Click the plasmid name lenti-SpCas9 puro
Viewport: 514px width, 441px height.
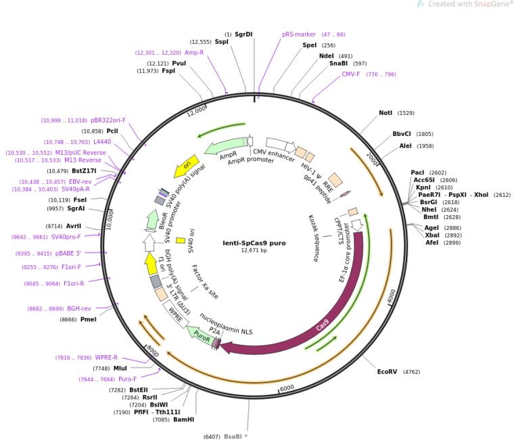coord(254,243)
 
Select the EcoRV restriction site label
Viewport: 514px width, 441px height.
coord(387,372)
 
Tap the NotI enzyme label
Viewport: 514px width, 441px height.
coord(385,113)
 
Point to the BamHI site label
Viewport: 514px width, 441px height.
coord(183,419)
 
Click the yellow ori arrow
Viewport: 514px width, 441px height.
coord(186,166)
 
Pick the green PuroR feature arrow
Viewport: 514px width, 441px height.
coord(201,336)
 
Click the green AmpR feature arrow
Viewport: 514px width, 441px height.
coord(225,145)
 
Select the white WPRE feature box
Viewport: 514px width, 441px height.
coord(176,314)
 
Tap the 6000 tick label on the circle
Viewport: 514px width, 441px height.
coord(287,388)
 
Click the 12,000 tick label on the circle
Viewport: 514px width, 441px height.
coord(196,111)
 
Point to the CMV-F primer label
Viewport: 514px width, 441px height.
coord(350,74)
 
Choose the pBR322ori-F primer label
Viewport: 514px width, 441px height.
coord(108,120)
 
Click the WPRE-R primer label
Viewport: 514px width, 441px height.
coord(106,357)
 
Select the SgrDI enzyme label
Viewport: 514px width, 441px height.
coord(243,34)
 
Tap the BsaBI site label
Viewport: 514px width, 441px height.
coord(233,436)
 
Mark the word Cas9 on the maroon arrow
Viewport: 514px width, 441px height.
coord(323,325)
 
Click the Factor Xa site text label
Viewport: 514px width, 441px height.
coord(204,282)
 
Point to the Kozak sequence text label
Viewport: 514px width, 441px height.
coord(313,238)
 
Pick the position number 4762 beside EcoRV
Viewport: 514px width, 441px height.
coord(411,372)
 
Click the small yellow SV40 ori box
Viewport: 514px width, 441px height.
coord(181,240)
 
